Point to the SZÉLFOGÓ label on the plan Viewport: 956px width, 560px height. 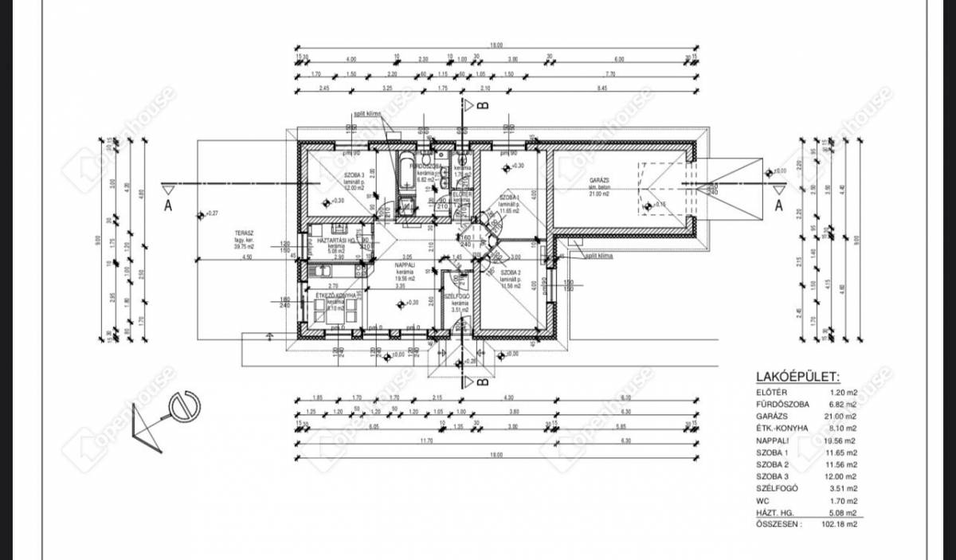458,296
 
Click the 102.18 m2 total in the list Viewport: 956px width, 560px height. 840,524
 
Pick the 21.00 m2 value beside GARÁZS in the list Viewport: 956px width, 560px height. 840,416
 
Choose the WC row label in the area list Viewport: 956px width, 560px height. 762,499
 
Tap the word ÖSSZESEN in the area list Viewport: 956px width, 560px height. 778,524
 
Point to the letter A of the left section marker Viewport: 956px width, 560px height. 168,204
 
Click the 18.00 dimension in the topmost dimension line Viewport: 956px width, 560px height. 496,45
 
